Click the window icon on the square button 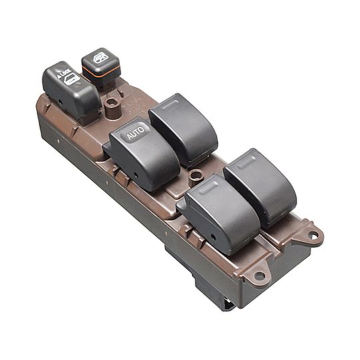[101, 57]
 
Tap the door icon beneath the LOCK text [71, 81]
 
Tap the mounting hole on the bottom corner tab [259, 275]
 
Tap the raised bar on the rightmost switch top [246, 158]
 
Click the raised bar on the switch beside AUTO [171, 103]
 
